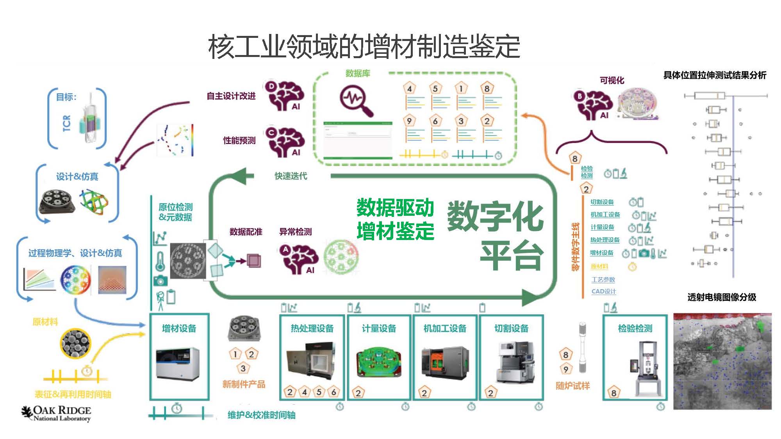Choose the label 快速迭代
[x=291, y=176]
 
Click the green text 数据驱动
[x=395, y=208]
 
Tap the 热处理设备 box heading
[x=312, y=328]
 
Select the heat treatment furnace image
[x=311, y=361]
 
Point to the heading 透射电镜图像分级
[x=722, y=297]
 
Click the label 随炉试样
[x=572, y=386]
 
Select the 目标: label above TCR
[x=66, y=97]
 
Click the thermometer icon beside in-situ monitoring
[x=160, y=261]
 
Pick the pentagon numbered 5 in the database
[x=435, y=89]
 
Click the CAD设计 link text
[x=603, y=291]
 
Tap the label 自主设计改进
[x=231, y=96]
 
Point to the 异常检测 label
[x=295, y=232]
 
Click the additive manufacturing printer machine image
[x=178, y=363]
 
